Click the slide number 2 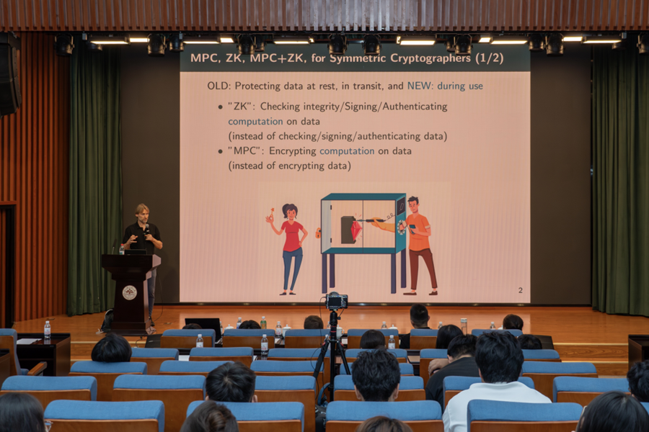point(520,290)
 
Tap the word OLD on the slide point(217,86)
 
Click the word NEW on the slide point(418,86)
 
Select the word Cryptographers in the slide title point(431,58)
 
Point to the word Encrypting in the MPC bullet point(293,151)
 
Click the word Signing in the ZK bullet point(363,107)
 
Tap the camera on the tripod point(336,300)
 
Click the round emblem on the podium point(130,293)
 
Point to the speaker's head point(142,212)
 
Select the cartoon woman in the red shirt point(290,248)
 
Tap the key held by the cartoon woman point(272,213)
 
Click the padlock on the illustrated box point(318,233)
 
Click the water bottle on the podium point(122,249)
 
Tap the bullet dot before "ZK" point(220,107)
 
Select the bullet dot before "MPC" point(220,152)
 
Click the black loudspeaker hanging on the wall point(9,74)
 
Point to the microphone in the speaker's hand point(147,230)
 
